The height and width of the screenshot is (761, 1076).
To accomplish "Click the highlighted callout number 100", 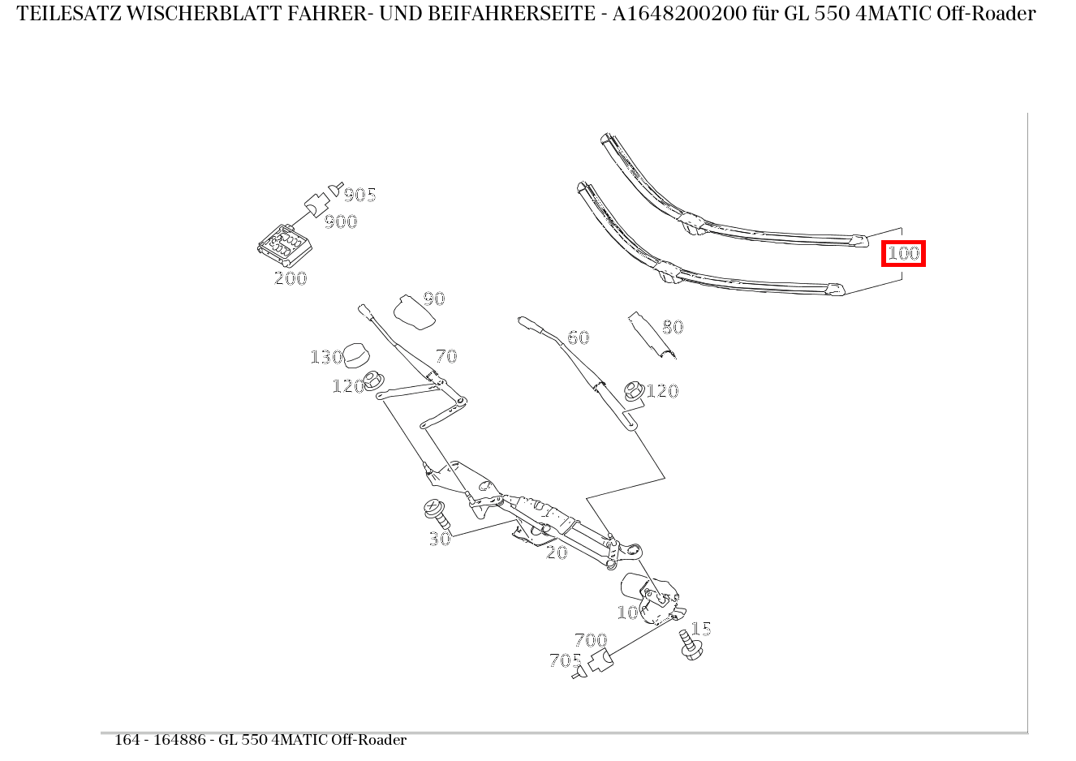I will coord(903,253).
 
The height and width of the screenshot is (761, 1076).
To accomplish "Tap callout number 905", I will coord(359,195).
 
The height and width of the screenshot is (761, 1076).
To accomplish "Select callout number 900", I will coord(341,221).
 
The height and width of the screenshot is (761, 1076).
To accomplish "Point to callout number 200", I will coord(291,278).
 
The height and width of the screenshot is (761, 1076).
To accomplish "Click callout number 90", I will coord(434,299).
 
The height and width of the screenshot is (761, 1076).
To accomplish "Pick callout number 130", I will coord(326,357).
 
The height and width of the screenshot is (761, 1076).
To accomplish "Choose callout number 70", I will coord(446,356).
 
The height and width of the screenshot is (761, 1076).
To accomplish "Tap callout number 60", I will coord(578,338).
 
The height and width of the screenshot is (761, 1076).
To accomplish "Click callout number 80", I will coord(673,327).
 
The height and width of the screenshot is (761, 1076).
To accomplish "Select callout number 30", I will coord(439,539).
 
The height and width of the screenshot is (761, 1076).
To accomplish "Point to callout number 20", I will coord(557,552).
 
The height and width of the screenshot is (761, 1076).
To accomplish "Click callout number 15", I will coord(701,629).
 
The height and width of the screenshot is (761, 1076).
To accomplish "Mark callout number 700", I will coord(590,640).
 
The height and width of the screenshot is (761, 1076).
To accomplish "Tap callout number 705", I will coord(565,660).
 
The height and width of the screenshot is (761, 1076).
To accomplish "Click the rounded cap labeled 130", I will coord(357,355).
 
